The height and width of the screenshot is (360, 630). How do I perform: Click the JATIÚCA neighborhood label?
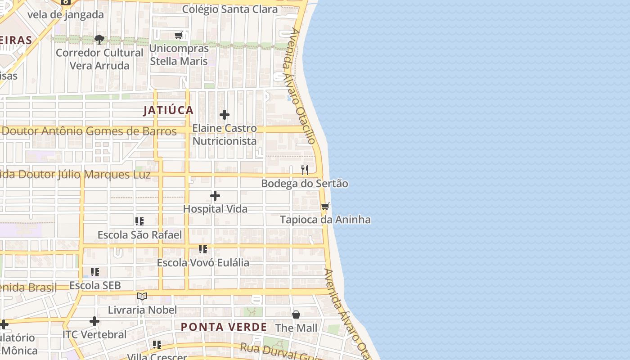click(168, 110)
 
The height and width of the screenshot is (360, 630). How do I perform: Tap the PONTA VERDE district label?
click(224, 327)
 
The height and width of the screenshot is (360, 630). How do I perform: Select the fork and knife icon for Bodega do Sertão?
click(305, 170)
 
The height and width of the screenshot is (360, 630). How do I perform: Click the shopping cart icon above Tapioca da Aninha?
click(325, 207)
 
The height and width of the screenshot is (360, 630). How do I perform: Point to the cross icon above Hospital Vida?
click(215, 196)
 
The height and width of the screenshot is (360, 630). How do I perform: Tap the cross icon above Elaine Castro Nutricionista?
click(224, 115)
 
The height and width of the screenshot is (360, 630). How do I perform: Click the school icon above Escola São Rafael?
click(139, 221)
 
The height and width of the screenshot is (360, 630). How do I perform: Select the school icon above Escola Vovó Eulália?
click(203, 249)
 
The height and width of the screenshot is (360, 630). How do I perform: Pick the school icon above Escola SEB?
click(95, 272)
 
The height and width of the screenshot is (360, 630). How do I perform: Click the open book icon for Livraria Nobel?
click(142, 296)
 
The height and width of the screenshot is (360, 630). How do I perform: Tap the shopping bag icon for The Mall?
click(296, 315)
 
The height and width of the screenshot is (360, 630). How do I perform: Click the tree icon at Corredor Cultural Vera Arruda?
click(99, 40)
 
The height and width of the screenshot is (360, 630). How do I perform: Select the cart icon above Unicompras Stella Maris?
click(179, 36)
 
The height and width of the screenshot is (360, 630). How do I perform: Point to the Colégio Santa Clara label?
click(229, 9)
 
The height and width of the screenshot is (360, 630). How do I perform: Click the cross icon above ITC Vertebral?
click(94, 321)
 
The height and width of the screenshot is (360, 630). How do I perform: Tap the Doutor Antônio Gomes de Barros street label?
click(89, 131)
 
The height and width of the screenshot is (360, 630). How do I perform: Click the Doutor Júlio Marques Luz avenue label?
click(75, 175)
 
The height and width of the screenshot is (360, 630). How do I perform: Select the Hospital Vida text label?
click(215, 209)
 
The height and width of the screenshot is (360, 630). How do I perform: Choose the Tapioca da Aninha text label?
click(325, 220)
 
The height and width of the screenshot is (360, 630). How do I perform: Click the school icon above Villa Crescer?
click(157, 345)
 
